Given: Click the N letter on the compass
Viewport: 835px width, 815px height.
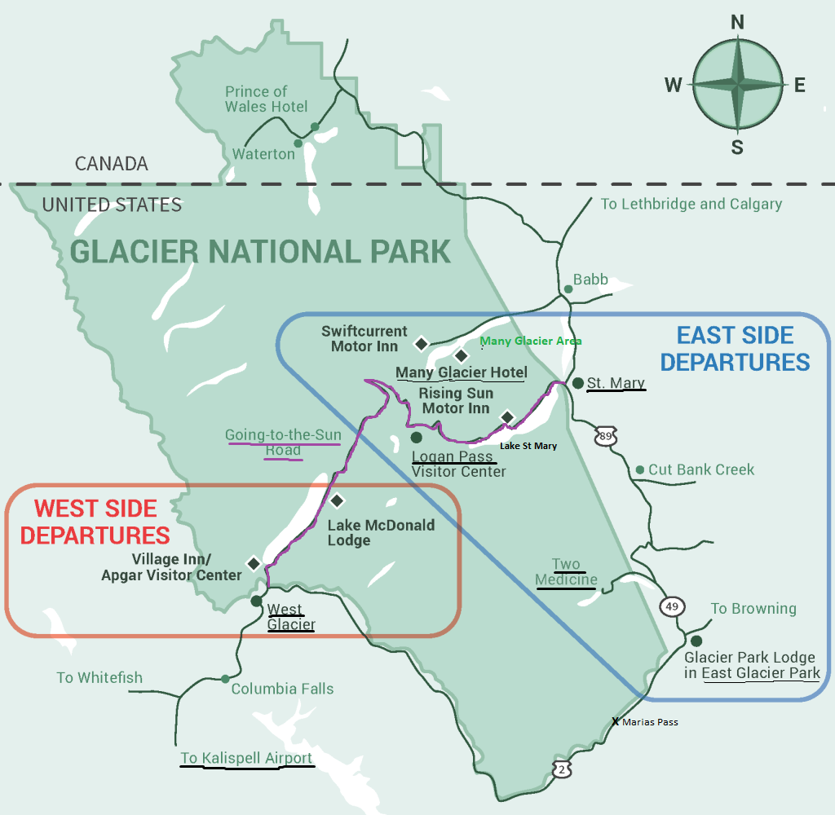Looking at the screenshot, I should pos(737,22).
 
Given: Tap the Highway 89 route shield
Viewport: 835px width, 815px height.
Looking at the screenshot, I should pos(604,436).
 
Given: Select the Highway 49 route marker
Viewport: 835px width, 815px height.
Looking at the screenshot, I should pos(673,606).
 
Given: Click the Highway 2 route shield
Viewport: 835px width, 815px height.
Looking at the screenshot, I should pos(561,769).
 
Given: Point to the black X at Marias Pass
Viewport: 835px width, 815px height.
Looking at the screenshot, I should pos(616,721).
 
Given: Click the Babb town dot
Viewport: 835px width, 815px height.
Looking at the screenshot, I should pos(568,289).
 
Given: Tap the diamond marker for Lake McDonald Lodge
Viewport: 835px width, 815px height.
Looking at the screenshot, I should pos(336,500).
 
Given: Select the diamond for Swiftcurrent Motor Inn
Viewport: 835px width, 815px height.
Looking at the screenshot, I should pos(421,344).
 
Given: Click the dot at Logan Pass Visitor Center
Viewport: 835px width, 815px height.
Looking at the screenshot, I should pos(416,438).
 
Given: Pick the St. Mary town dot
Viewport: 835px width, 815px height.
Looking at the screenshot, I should pos(577,383).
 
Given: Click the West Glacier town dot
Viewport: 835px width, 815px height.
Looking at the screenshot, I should pos(256,601).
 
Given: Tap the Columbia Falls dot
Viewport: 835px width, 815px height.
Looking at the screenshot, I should pos(225,678).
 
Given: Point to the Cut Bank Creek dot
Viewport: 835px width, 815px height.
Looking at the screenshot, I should pos(640,470).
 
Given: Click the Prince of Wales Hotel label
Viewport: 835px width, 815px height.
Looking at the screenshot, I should pos(267,99).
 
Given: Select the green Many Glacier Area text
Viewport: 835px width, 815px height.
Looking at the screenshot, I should pos(531,341).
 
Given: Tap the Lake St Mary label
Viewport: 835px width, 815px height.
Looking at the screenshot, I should pos(528,446).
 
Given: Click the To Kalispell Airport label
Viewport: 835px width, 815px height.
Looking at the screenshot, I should pos(246,759).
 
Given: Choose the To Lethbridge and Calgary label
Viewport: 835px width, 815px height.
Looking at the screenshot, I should pos(691,204).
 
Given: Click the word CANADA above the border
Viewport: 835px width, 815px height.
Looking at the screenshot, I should pos(112,164).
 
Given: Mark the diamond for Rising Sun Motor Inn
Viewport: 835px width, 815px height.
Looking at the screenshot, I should pos(507,417).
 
